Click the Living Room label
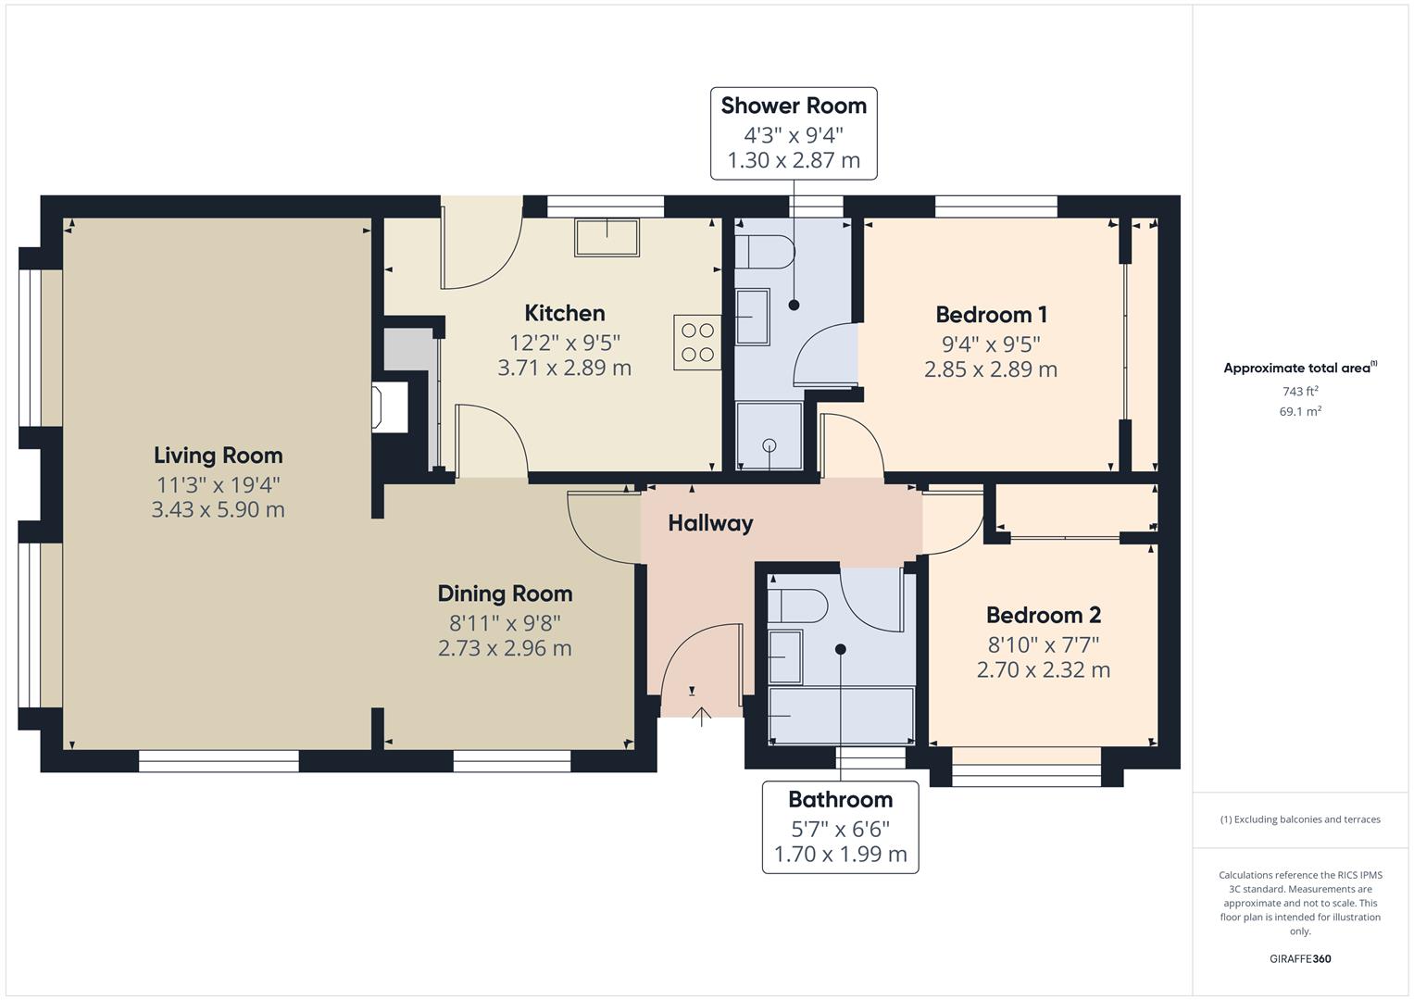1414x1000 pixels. point(218,456)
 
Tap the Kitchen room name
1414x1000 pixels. point(564,313)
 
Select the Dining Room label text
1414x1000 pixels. point(505,594)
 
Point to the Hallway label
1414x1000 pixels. point(710,523)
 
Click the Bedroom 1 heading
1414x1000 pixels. point(990,315)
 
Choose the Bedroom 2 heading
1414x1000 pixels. point(1043,615)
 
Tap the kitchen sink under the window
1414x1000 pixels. point(607,237)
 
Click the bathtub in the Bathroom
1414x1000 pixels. point(841,716)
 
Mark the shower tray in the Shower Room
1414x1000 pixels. point(769,435)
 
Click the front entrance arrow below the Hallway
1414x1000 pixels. point(701,716)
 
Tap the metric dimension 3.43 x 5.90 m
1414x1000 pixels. point(218,509)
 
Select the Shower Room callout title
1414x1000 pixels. point(794,106)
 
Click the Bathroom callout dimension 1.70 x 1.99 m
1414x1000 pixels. point(840,854)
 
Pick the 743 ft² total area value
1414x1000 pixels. point(1299,392)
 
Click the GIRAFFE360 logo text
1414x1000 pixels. point(1299,958)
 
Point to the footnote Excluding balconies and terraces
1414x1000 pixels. point(1299,819)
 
